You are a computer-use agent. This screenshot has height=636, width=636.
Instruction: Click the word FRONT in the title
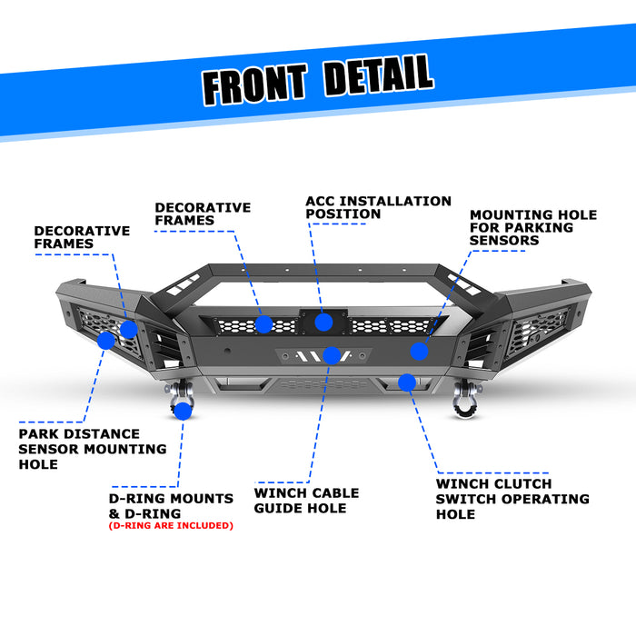(254, 84)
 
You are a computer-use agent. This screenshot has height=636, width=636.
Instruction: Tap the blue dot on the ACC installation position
(323, 321)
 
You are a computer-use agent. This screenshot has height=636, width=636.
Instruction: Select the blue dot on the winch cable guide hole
(331, 355)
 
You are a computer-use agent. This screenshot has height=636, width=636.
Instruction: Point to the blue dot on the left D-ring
(183, 411)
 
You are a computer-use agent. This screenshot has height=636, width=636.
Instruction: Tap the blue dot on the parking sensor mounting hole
(419, 351)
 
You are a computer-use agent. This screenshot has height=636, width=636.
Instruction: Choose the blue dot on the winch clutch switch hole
(406, 382)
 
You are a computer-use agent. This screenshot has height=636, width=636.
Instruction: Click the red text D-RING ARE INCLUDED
(171, 525)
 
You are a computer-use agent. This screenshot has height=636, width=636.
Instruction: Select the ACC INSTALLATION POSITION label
(378, 207)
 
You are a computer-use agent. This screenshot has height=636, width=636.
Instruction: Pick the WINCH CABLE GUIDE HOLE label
(306, 501)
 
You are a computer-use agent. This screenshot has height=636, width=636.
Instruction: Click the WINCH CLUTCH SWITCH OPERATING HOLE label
(512, 499)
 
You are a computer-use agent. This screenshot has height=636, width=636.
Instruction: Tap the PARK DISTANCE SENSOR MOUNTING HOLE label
(93, 449)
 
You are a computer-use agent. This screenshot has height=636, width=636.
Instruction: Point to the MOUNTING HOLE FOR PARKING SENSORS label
(532, 227)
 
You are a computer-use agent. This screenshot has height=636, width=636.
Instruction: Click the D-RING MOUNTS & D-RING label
(171, 505)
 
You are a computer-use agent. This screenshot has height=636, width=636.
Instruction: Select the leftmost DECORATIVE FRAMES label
(82, 237)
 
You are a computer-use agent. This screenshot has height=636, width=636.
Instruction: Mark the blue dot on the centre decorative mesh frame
(263, 324)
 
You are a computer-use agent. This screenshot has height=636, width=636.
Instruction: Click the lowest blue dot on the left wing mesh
(106, 341)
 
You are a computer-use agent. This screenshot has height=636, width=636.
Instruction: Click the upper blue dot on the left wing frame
(128, 328)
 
